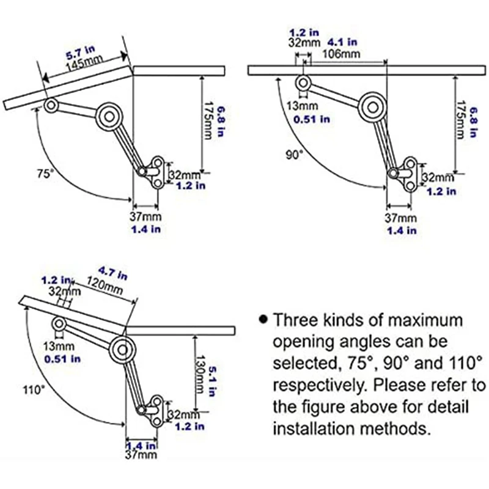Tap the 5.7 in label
[x=81, y=53]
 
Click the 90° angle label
[x=295, y=155]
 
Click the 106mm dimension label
[x=341, y=54]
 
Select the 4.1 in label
[x=342, y=42]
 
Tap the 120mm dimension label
[x=105, y=285]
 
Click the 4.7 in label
[x=112, y=273]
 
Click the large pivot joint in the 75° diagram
[x=109, y=117]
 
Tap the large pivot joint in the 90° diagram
[x=372, y=108]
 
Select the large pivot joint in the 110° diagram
[x=122, y=350]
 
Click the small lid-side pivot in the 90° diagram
[x=303, y=83]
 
